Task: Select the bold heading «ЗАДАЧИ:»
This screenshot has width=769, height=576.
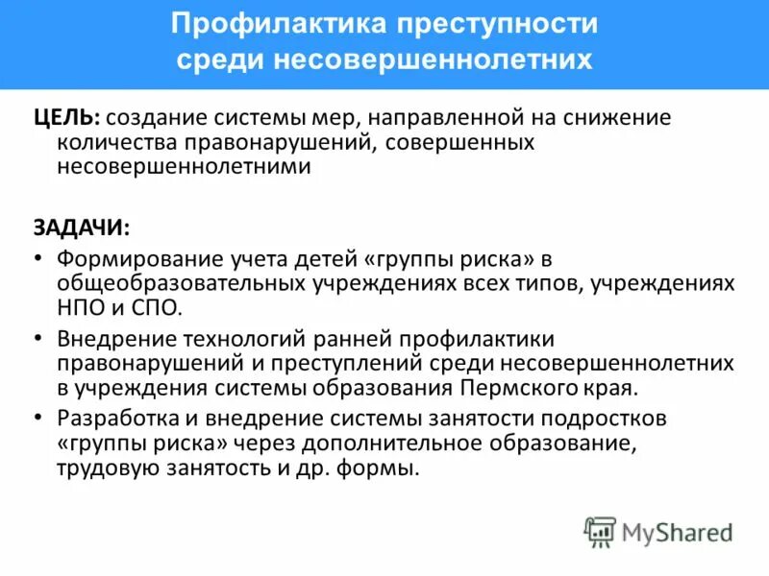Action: tap(81, 227)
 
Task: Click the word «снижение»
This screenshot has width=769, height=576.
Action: tap(618, 117)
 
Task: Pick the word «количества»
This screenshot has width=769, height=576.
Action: tap(116, 142)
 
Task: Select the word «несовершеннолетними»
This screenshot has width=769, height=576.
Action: tap(184, 166)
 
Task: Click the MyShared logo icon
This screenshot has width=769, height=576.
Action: tap(600, 531)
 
